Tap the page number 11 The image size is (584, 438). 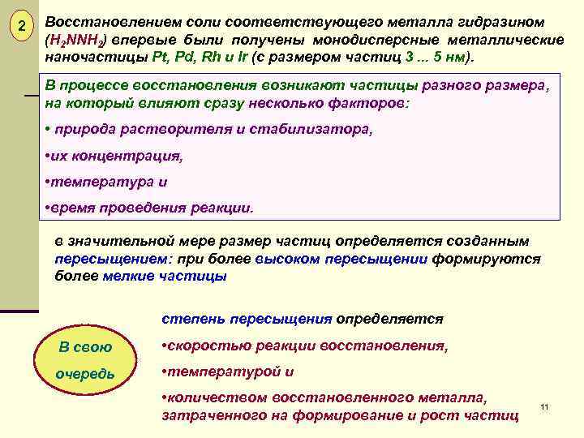pyautogui.click(x=544, y=406)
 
